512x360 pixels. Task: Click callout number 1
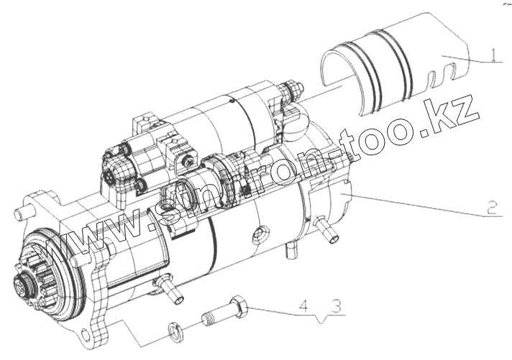point(494,55)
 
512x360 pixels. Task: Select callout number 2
point(492,208)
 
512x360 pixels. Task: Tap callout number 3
point(337,307)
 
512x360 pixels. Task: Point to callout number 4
point(303,307)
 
